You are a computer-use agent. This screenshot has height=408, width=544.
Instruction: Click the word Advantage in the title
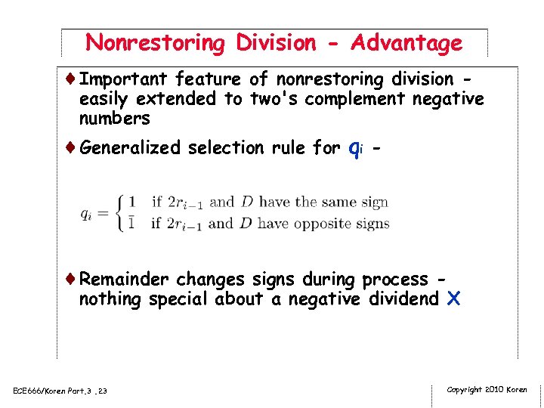[x=406, y=43]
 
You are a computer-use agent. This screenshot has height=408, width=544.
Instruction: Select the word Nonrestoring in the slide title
[x=156, y=43]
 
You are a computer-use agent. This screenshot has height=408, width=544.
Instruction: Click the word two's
[x=269, y=99]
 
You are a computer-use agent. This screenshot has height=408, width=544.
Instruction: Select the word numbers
[x=114, y=119]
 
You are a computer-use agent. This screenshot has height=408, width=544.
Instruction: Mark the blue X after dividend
[x=453, y=299]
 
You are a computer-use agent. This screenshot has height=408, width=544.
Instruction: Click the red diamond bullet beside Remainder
[x=71, y=279]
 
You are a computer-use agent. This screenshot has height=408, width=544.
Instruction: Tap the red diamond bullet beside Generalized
[x=71, y=147]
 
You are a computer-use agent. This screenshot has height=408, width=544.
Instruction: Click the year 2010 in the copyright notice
[x=493, y=390]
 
